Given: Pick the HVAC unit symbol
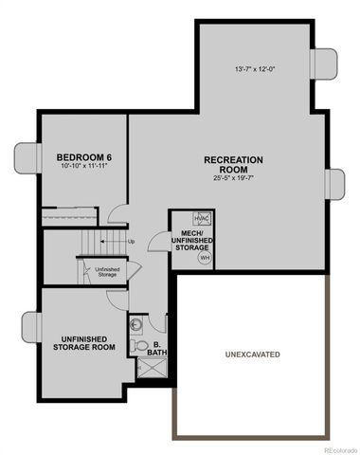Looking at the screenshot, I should (x=202, y=217).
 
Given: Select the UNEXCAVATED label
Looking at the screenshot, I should (x=251, y=355).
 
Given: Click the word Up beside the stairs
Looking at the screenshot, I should (x=131, y=241).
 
